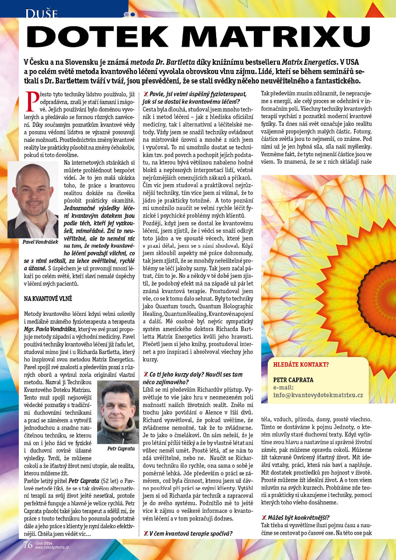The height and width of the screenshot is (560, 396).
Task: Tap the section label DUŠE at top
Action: pos(42,14)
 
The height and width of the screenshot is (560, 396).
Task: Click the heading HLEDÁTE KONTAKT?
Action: pos(301,364)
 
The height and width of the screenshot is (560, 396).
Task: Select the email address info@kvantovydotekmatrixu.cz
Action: pos(318,395)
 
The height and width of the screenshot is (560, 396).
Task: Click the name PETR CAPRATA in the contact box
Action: pos(293,380)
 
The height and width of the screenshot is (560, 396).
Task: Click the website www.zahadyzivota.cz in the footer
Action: pos(52,547)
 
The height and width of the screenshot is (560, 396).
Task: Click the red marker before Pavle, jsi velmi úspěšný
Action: pos(146,94)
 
